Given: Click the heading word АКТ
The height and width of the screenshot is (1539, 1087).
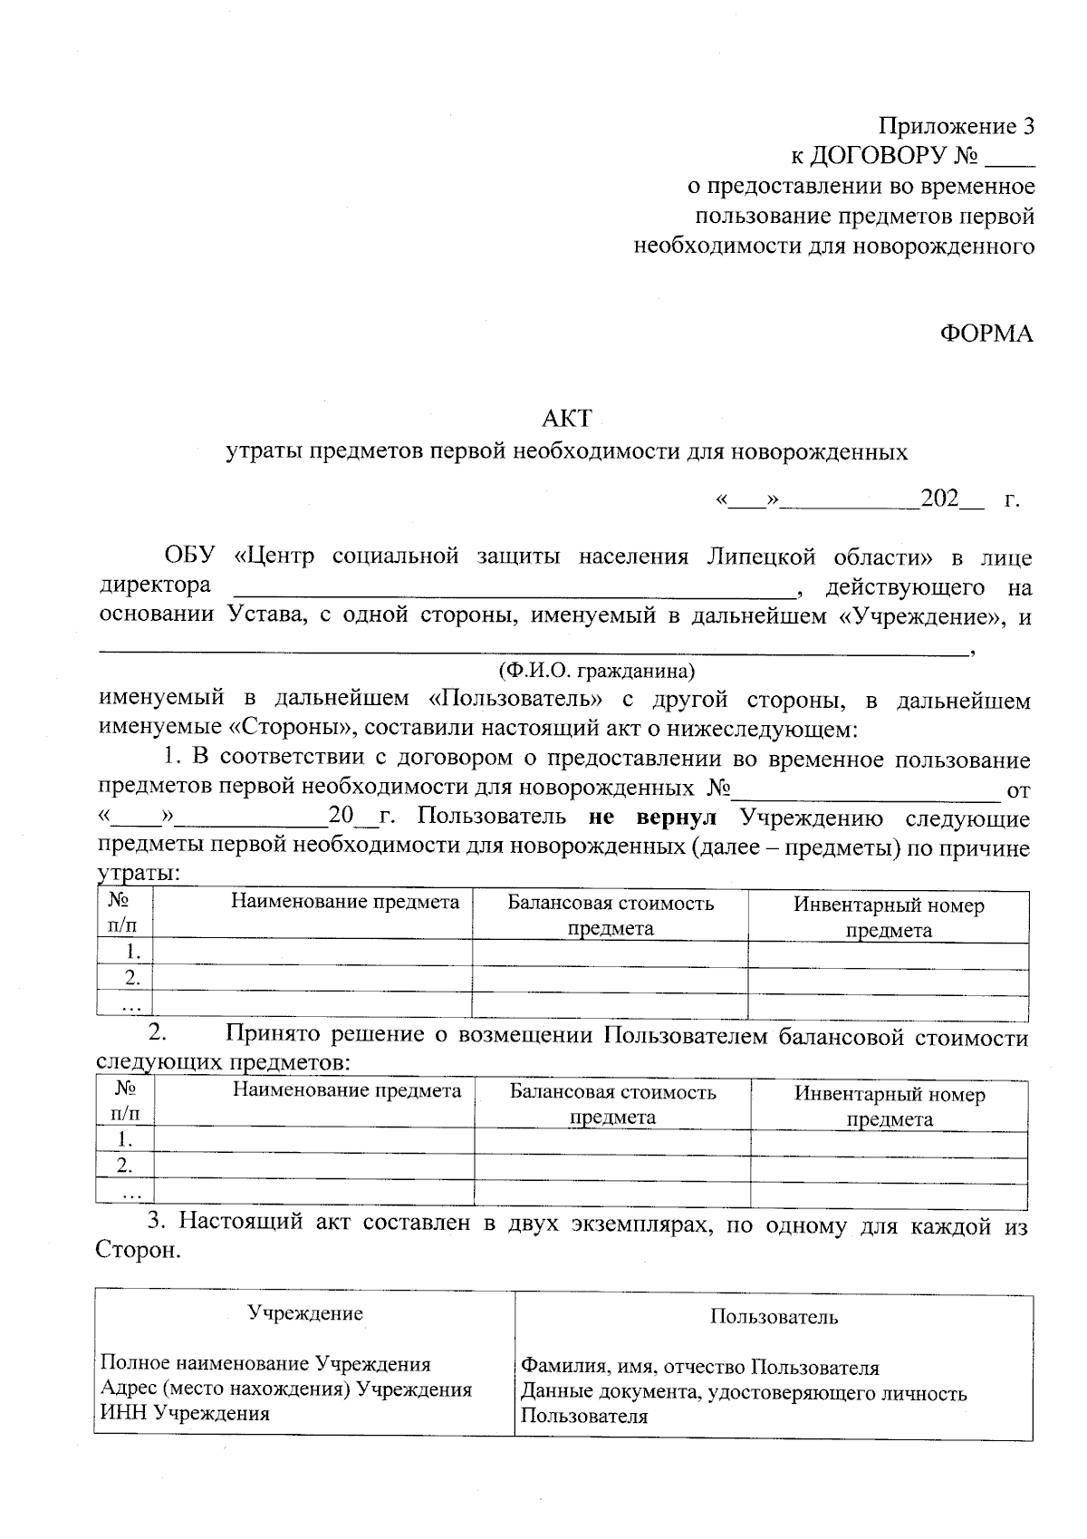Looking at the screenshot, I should click(x=566, y=418).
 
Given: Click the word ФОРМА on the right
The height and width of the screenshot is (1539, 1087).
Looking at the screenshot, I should click(x=986, y=334).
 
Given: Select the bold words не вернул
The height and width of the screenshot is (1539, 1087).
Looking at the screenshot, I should click(x=652, y=818).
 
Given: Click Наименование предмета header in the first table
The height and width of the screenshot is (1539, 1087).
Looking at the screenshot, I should click(x=344, y=902).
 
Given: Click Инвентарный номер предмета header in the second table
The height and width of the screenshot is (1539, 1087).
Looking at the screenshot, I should click(x=890, y=1106).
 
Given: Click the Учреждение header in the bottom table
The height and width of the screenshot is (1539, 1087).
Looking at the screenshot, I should click(x=305, y=1313).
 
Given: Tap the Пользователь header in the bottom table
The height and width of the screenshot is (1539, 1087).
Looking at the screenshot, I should click(x=774, y=1317).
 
